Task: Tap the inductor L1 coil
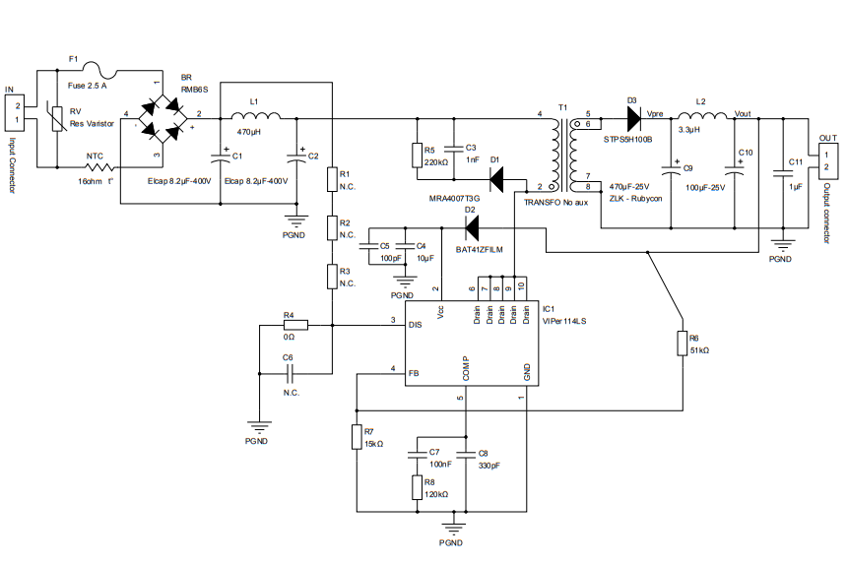click(x=254, y=116)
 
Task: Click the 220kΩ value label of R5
click(x=436, y=161)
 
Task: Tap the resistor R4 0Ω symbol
click(x=294, y=324)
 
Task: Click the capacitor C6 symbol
click(x=290, y=374)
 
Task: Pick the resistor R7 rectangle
click(x=358, y=437)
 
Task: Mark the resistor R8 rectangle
click(x=417, y=488)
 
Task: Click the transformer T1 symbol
click(x=563, y=153)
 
